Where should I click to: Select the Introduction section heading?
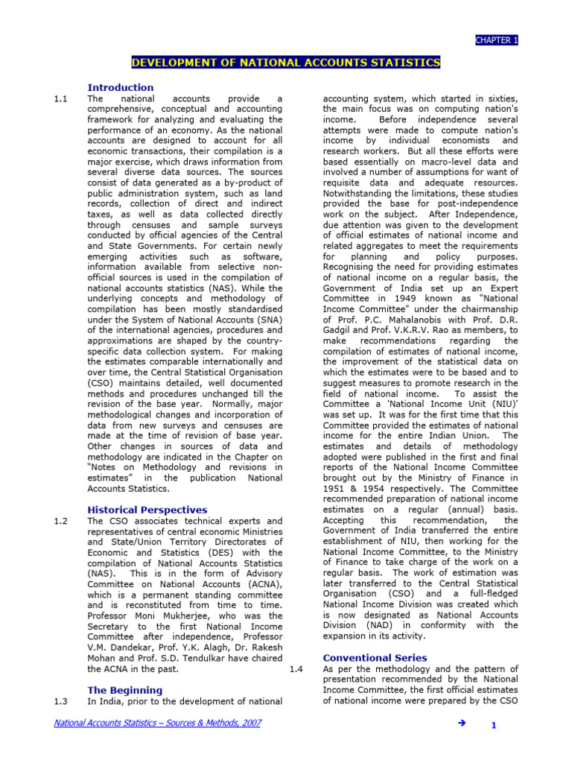coord(121,87)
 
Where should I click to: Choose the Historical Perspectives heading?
coord(147,510)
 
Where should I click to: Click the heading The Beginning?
coord(124,690)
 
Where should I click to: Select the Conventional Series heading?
coord(375,658)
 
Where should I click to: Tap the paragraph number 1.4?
coord(296,669)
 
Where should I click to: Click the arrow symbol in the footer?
coord(460,724)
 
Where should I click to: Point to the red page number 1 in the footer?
coord(493,726)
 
